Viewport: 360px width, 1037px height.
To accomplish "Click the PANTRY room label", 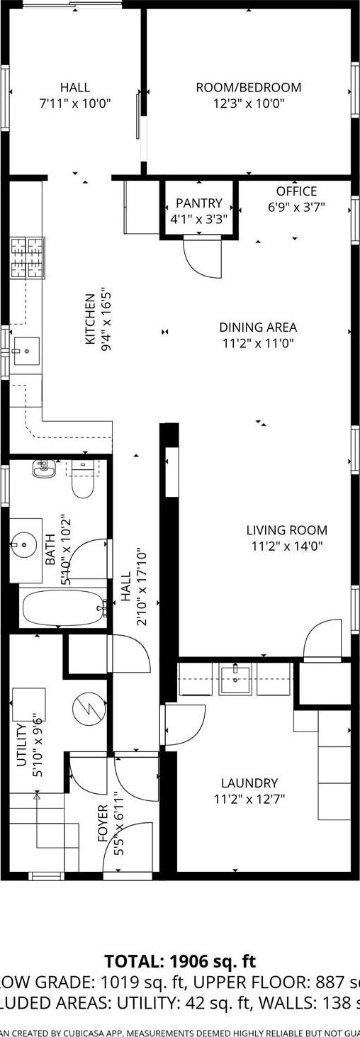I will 199,203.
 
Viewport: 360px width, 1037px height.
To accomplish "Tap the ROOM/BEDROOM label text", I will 248,88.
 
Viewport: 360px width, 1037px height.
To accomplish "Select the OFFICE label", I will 296,191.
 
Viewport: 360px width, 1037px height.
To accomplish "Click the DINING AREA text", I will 257,327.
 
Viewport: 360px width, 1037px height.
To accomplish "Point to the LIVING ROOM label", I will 286,530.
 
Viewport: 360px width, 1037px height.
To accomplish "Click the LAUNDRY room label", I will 249,783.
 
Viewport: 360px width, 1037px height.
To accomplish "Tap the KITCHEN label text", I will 90,319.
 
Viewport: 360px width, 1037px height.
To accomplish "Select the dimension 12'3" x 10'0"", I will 248,103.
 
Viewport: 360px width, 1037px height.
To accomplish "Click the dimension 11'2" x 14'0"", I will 286,546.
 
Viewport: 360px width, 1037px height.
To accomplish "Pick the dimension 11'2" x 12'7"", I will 249,799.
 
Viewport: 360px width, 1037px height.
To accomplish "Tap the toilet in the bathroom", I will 82,482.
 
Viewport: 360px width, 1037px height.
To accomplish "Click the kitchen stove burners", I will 27,258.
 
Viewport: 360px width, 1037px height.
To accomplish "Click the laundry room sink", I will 234,679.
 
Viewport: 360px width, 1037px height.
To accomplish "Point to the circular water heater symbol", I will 89,707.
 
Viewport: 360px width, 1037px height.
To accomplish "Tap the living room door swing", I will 323,639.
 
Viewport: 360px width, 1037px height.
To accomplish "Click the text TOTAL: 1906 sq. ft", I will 180,962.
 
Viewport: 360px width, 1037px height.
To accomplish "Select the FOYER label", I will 102,823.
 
